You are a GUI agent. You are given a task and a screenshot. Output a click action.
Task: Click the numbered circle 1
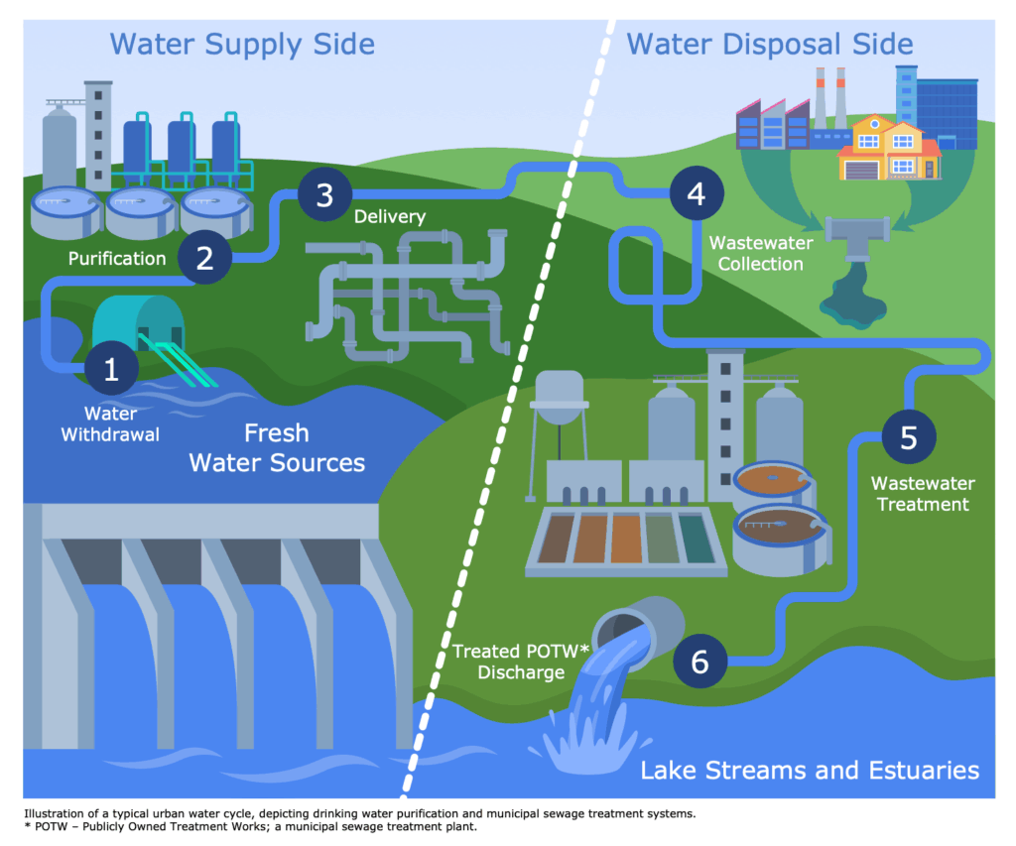tap(111, 369)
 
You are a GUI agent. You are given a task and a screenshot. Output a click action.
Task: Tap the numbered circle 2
tap(205, 258)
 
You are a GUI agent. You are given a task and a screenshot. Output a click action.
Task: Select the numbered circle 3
tap(324, 194)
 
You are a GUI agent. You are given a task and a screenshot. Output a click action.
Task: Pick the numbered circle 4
tap(697, 193)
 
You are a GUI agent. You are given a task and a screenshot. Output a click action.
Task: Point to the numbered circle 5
tap(908, 437)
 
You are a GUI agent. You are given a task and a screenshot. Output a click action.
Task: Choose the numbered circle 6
tap(699, 662)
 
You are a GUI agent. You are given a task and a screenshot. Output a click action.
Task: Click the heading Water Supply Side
tap(242, 44)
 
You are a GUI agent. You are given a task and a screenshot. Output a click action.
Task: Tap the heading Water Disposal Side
tap(770, 44)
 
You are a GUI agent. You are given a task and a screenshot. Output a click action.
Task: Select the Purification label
tap(117, 259)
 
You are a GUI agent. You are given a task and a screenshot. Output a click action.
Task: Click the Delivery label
tap(389, 216)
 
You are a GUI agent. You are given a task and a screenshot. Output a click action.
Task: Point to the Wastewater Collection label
tap(761, 254)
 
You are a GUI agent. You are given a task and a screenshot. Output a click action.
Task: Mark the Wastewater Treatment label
tap(923, 494)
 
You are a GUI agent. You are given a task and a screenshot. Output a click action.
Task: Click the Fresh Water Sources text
tap(277, 448)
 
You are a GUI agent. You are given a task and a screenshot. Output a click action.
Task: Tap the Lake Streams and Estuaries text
tap(810, 771)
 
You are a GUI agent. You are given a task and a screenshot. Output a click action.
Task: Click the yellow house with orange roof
tap(889, 150)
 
